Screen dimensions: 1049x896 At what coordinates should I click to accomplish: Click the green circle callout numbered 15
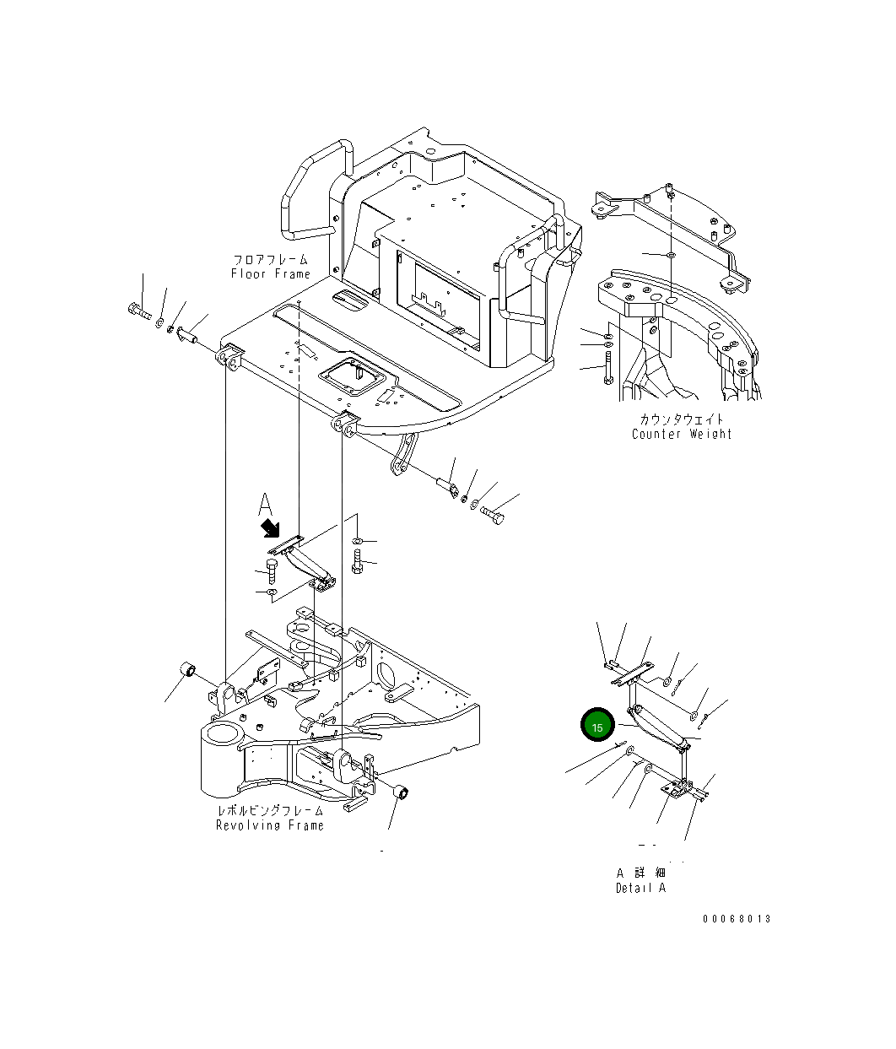coord(597,727)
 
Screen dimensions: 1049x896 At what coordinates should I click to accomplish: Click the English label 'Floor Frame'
coord(270,274)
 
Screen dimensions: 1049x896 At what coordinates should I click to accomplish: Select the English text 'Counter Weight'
coord(682,434)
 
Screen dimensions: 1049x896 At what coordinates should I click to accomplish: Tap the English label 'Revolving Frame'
coord(270,825)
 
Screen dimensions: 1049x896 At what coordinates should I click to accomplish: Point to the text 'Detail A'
coord(640,888)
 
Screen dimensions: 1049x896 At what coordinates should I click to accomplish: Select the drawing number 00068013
coord(736,919)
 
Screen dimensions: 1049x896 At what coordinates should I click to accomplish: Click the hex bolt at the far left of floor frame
coord(138,314)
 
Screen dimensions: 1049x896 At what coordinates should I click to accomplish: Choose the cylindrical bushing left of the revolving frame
coord(190,671)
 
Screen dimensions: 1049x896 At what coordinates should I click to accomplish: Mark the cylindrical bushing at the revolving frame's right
coord(402,792)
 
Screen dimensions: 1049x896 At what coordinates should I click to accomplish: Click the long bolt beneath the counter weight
coord(607,367)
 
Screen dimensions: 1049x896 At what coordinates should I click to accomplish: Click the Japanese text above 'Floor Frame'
coord(270,260)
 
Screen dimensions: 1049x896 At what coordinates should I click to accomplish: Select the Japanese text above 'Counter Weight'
coord(682,419)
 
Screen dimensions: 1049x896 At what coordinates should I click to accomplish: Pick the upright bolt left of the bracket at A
coord(272,571)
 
